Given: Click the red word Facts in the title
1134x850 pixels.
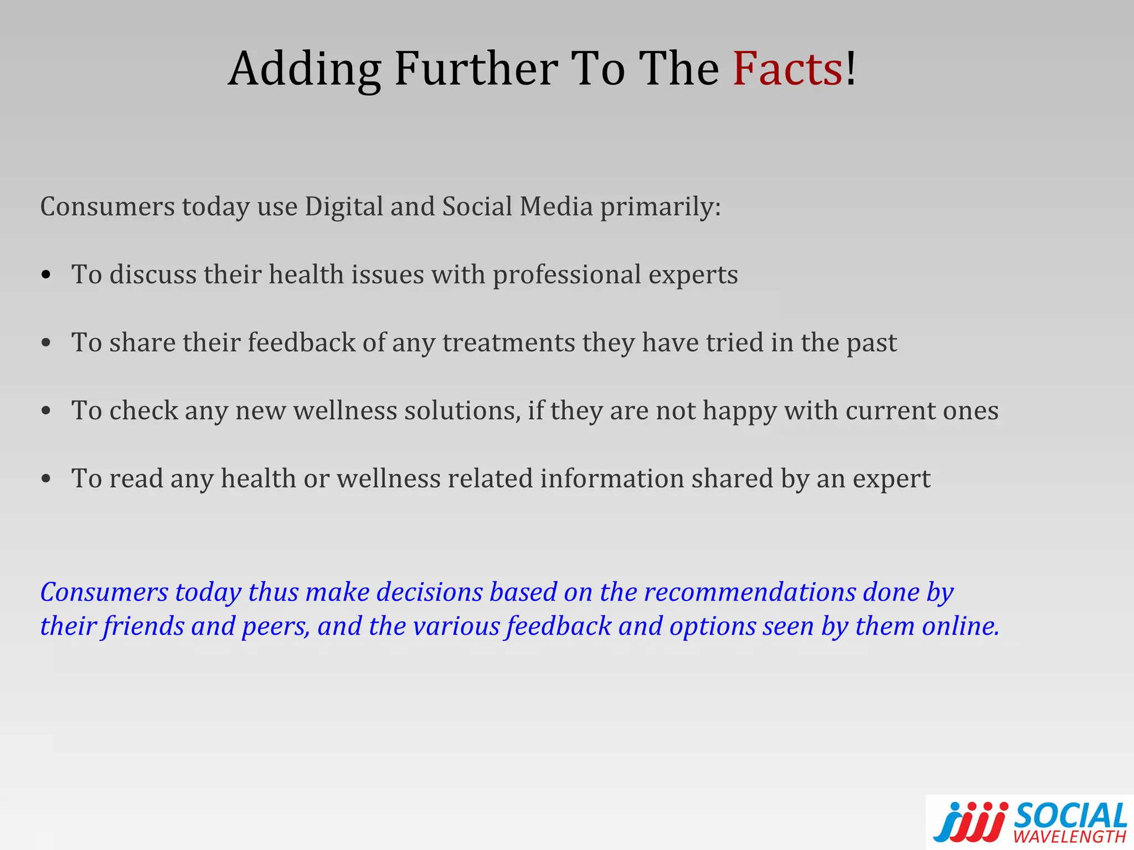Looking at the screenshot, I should click(x=787, y=69).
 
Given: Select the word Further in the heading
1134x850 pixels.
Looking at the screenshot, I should click(x=476, y=69).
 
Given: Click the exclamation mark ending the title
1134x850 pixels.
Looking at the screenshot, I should click(x=851, y=69).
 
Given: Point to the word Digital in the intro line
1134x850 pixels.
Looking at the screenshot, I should click(x=344, y=207).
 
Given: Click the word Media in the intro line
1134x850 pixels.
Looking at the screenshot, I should click(x=556, y=206).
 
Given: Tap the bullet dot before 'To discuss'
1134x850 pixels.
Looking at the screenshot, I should click(x=47, y=274).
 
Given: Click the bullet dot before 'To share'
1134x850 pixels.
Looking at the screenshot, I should click(x=47, y=343).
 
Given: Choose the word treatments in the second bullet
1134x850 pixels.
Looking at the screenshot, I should click(x=509, y=343).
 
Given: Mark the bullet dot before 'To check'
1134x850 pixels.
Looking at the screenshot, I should click(x=47, y=411).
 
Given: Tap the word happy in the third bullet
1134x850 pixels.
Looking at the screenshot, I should click(x=740, y=412).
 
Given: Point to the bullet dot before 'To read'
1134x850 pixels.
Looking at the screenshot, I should click(x=47, y=479).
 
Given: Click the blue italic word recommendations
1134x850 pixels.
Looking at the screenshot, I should click(x=750, y=592).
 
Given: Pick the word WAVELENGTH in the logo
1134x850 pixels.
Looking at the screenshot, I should click(x=1070, y=836).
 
